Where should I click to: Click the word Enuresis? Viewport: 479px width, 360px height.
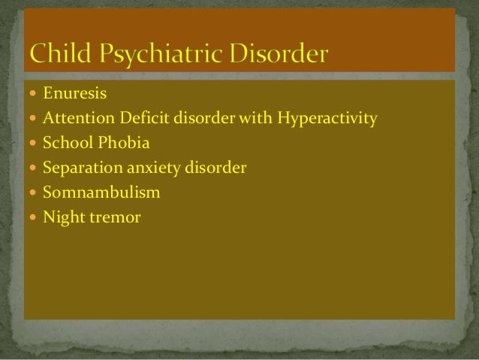click(74, 94)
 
